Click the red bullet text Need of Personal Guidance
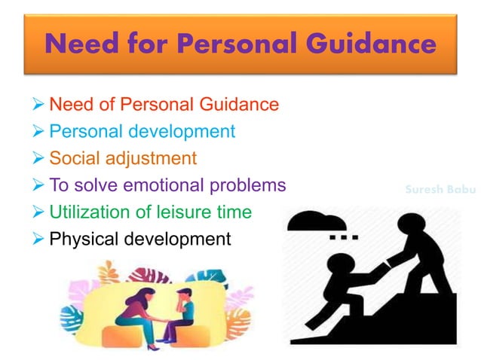pos(164,104)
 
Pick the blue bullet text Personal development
pos(142,131)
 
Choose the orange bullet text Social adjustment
pos(123,158)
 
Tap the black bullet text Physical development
pos(139,239)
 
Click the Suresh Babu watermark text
pos(436,190)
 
